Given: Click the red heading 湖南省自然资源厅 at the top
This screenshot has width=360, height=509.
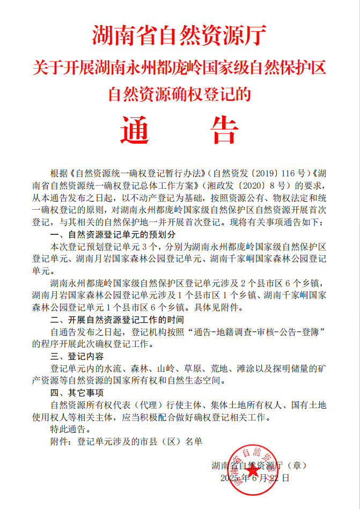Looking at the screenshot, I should [179, 36].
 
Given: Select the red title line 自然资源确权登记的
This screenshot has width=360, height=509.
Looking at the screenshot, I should [179, 94].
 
